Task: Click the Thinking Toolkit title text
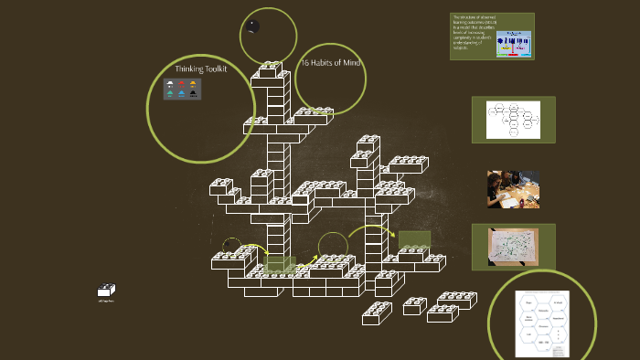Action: pyautogui.click(x=200, y=69)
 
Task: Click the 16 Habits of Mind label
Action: pyautogui.click(x=332, y=62)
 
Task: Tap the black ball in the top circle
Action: pyautogui.click(x=252, y=26)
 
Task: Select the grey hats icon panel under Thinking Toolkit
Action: pyautogui.click(x=183, y=89)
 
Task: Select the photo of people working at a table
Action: pyautogui.click(x=513, y=189)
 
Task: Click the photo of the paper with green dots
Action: pyautogui.click(x=512, y=247)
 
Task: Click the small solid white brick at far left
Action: pyautogui.click(x=106, y=291)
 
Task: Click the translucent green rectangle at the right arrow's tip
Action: pyautogui.click(x=413, y=238)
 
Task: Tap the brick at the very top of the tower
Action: pyautogui.click(x=271, y=69)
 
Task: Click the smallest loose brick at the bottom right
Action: pyautogui.click(x=414, y=305)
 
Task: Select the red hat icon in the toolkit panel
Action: pyautogui.click(x=182, y=84)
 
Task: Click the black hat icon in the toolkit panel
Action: pyautogui.click(x=194, y=93)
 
